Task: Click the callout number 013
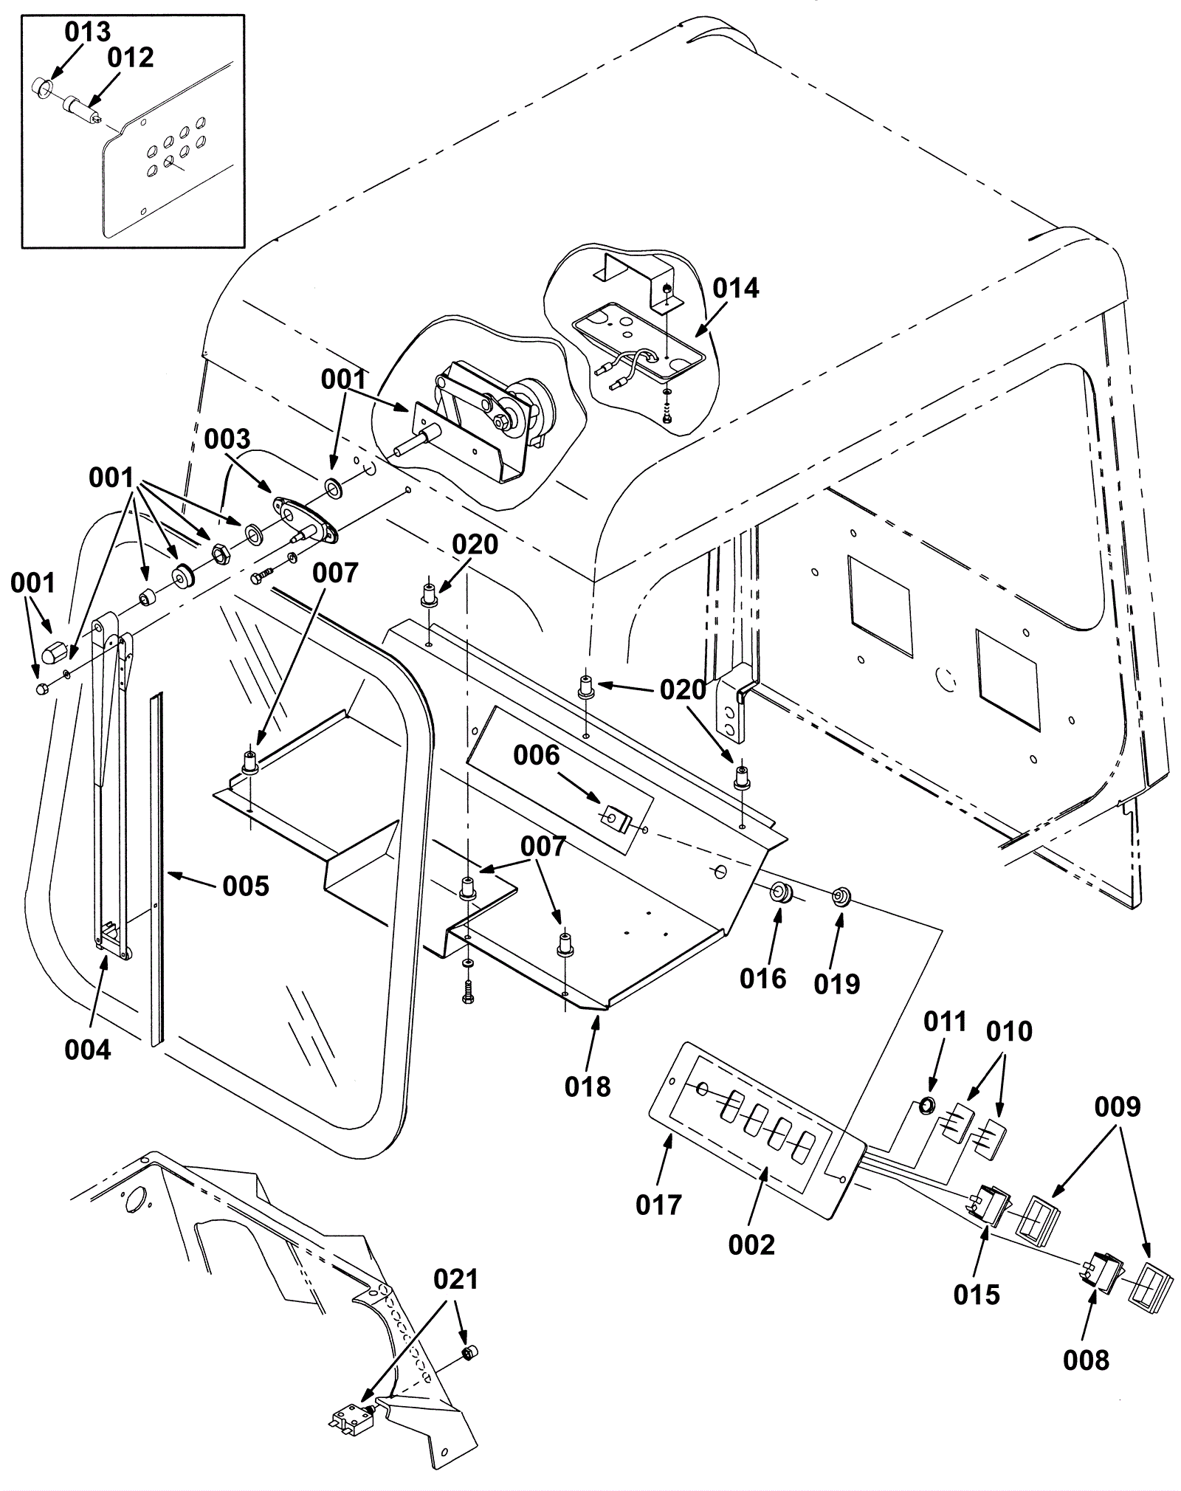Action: (87, 32)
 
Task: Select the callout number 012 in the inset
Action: (131, 58)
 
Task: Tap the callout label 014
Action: (736, 289)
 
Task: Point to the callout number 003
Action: (227, 439)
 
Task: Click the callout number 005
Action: (246, 886)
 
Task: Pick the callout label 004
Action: (88, 1050)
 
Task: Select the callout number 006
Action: (537, 756)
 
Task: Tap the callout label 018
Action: (588, 1087)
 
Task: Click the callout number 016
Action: (763, 979)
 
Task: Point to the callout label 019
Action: (837, 984)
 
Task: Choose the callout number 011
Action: (945, 1022)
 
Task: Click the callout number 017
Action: (658, 1205)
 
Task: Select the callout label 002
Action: (751, 1245)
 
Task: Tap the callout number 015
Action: (977, 1295)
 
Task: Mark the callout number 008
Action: (1086, 1360)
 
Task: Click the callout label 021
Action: (456, 1279)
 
